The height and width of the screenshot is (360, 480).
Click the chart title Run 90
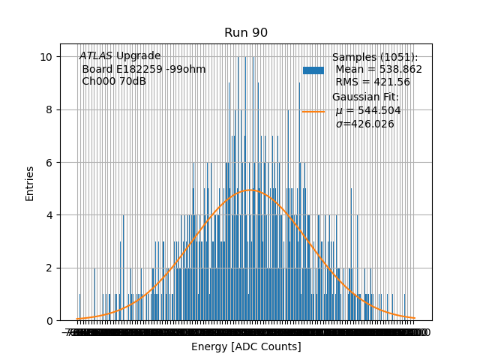(246, 33)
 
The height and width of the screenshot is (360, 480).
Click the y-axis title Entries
(30, 183)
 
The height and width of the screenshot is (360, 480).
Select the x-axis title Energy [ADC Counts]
(246, 346)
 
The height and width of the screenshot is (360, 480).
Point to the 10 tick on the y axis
(46, 57)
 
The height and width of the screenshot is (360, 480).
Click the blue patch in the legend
(313, 70)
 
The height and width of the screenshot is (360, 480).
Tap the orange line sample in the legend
(313, 111)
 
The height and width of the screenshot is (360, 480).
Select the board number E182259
(139, 70)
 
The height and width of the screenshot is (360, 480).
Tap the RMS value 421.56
(394, 82)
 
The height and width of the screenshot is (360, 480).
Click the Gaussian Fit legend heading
(366, 97)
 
